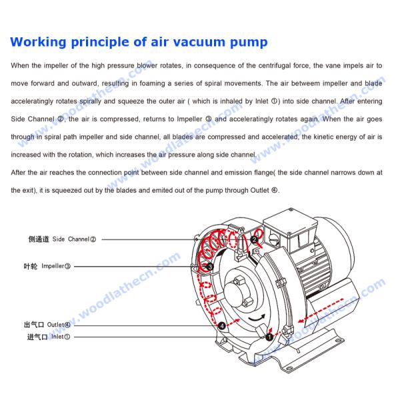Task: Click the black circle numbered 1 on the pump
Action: coord(269,337)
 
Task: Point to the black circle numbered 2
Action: coord(254,240)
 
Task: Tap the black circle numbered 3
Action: coord(210,267)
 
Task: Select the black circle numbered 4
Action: coord(221,325)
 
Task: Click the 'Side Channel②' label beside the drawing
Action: coord(74,239)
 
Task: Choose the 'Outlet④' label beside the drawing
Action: coord(56,325)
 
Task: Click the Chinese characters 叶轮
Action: coord(31,266)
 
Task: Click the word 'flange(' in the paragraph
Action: coord(263,172)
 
